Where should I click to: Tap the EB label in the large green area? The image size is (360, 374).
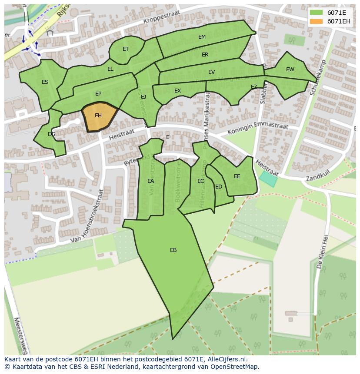coord(173,250)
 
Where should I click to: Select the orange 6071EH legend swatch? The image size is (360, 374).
coord(316,21)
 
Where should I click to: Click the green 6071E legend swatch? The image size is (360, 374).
coord(316,13)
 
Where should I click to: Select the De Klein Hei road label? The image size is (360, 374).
coord(323,252)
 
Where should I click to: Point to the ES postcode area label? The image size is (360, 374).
coord(45,82)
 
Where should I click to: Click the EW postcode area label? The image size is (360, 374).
coord(290,70)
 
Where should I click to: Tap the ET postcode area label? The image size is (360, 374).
coord(126,49)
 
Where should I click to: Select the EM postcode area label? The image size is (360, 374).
coord(202,37)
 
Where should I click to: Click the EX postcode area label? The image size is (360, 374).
coord(177,91)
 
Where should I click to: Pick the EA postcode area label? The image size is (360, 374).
coord(150,181)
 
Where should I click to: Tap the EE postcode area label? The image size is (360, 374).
coord(237,176)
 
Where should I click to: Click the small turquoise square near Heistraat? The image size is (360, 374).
coord(268,179)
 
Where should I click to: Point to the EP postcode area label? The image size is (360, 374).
coord(98,94)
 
